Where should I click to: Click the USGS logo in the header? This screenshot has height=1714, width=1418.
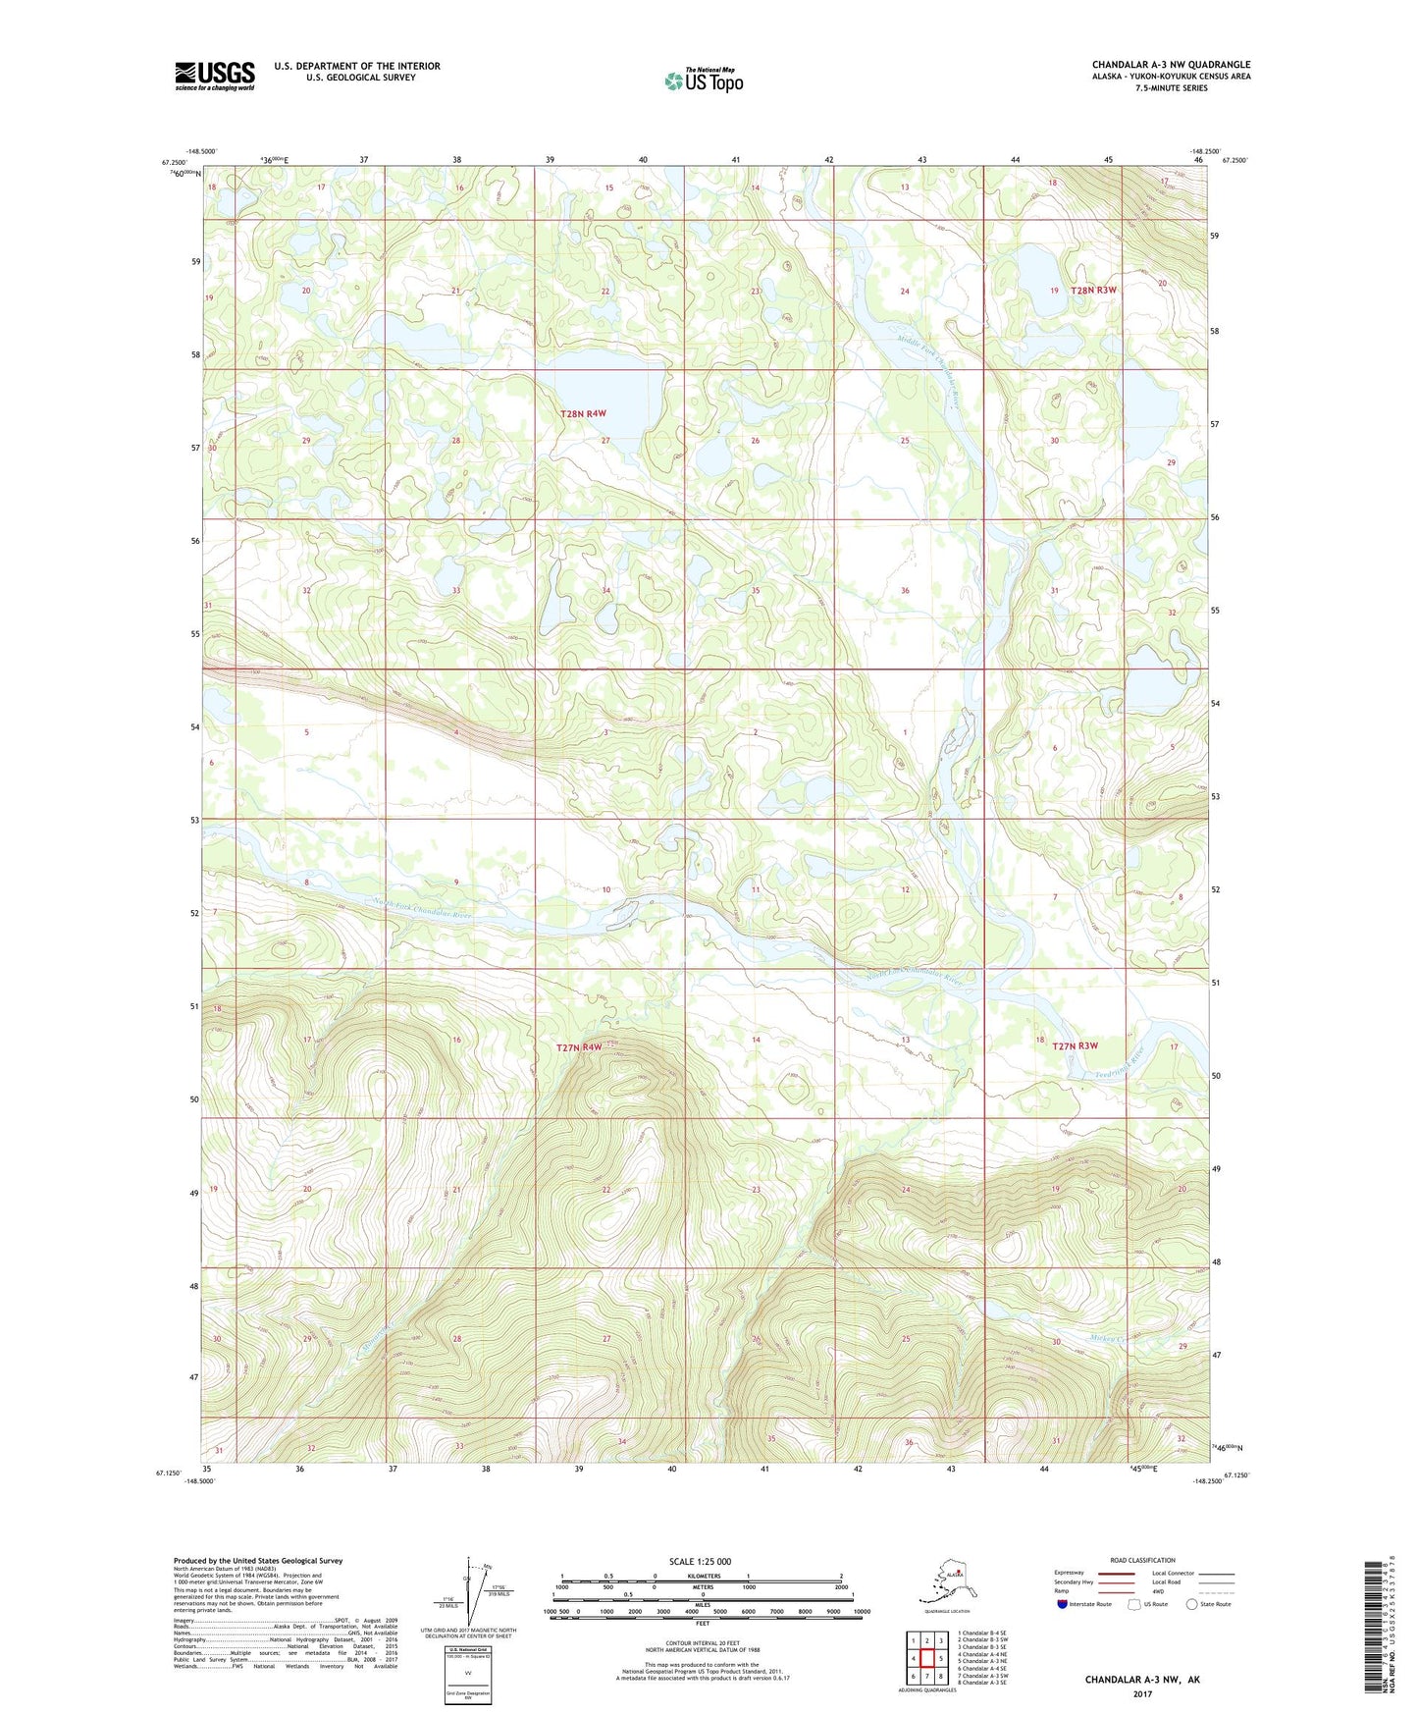214,76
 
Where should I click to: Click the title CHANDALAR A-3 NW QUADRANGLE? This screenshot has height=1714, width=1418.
1171,65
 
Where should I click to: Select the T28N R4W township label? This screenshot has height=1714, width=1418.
583,414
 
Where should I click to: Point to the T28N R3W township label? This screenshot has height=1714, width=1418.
1093,291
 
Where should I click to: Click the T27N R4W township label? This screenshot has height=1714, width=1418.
579,1047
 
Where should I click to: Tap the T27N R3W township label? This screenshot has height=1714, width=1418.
1075,1045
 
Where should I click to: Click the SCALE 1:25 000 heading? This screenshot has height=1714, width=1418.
701,1561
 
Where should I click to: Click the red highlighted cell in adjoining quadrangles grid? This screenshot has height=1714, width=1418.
926,1658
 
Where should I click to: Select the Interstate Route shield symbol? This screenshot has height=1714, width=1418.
1062,1605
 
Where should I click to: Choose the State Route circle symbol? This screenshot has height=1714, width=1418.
1192,1605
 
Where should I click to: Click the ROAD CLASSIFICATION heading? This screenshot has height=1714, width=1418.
1141,1560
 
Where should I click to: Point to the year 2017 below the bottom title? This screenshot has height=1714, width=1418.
1142,1693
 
